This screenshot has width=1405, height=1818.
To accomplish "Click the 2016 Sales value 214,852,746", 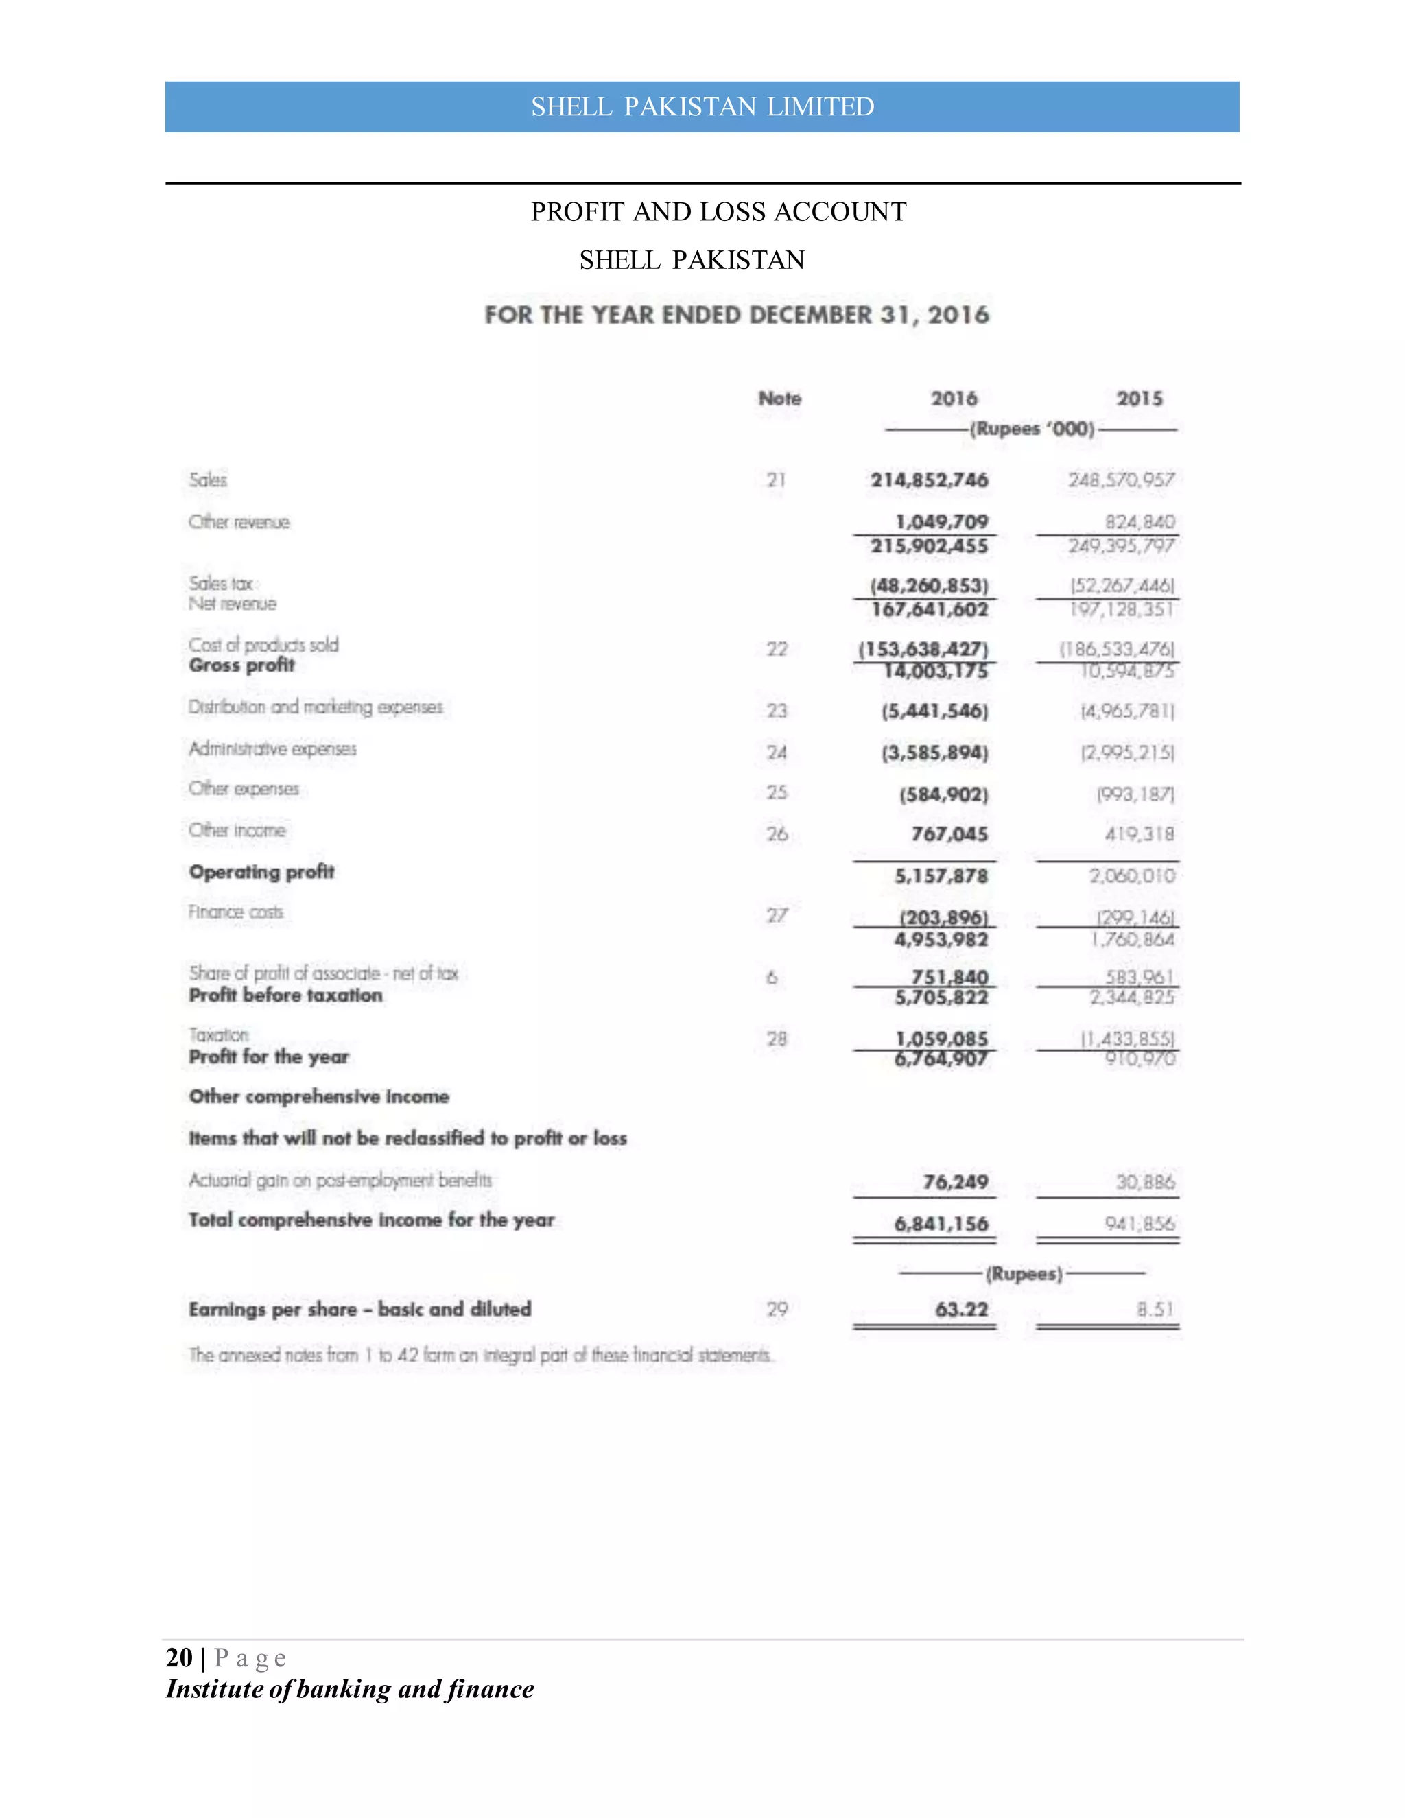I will click(x=929, y=480).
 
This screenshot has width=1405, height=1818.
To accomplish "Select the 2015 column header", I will click(x=1139, y=399).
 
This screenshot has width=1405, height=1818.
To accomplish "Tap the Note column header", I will click(x=779, y=399).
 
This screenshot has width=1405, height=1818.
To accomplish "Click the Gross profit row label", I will click(x=241, y=665).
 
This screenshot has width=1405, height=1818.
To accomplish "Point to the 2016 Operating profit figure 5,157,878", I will click(x=941, y=875).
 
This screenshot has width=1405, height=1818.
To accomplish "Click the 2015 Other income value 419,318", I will click(x=1140, y=834).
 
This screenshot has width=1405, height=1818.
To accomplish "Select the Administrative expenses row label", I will click(x=272, y=749).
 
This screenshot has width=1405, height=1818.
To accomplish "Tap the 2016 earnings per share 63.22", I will click(x=961, y=1310).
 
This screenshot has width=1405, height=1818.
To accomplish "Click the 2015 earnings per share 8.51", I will click(x=1155, y=1310).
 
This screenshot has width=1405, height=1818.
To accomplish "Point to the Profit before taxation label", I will click(x=285, y=995).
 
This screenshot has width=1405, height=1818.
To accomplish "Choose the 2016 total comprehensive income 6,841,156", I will click(x=941, y=1224).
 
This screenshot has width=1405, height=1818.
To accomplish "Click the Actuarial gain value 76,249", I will click(x=955, y=1182).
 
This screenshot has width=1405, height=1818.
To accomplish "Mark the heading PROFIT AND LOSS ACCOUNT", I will click(x=718, y=212).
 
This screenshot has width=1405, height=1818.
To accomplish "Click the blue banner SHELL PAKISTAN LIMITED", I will click(x=702, y=106).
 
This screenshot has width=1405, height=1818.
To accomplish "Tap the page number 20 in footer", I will click(x=179, y=1657).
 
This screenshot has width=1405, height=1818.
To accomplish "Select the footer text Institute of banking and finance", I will click(x=350, y=1689).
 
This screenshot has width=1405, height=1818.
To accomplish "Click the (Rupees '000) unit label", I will click(x=1032, y=429).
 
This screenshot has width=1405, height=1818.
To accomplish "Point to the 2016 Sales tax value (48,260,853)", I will click(x=929, y=585).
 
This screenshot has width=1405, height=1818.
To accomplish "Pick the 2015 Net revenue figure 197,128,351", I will click(x=1121, y=610).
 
